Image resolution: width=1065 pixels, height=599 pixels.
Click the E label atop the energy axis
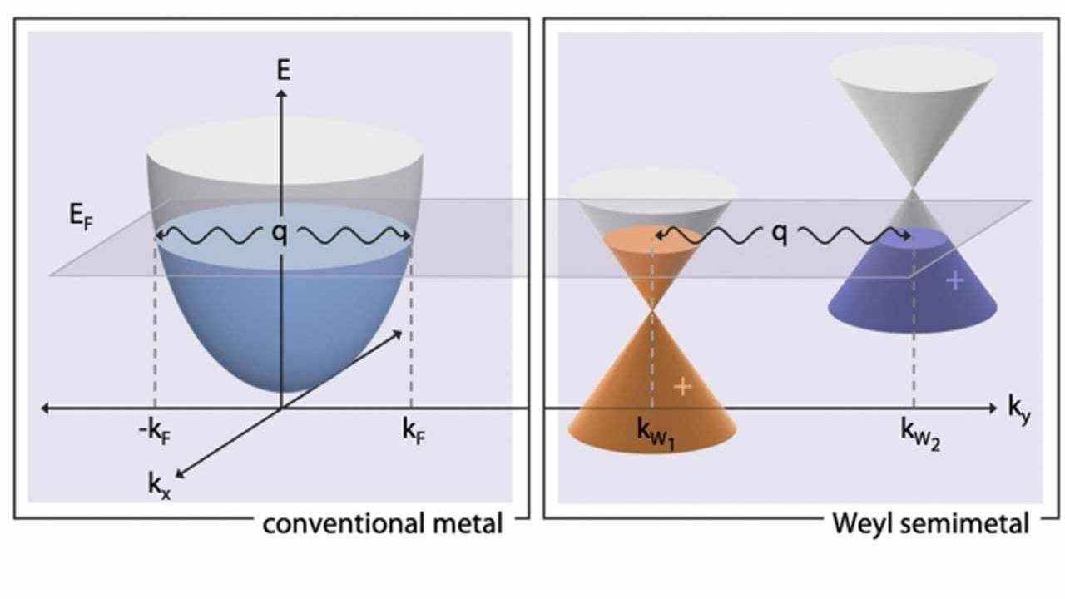284,70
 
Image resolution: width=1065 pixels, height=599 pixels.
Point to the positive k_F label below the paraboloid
414,432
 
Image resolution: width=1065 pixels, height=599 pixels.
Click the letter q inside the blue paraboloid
280,235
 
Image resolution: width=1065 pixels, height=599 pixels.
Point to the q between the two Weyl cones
779,235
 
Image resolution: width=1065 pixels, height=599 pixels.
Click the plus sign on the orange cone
682,386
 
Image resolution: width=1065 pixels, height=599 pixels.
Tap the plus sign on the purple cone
955,281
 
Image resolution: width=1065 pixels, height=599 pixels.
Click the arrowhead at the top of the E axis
283,93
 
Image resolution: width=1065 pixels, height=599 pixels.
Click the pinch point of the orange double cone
653,309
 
